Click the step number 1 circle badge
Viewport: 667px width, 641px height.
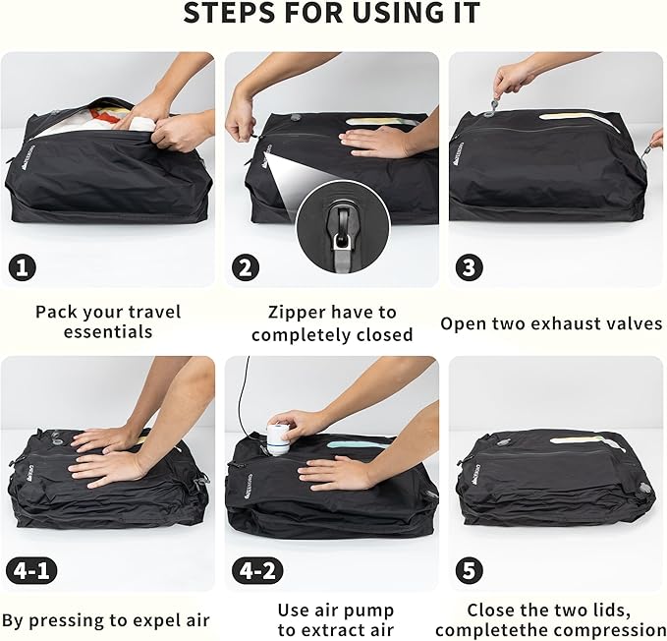tap(23, 266)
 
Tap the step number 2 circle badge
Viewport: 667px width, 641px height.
tap(246, 266)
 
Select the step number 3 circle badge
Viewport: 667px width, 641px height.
tap(470, 266)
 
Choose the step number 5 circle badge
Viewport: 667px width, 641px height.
tap(470, 570)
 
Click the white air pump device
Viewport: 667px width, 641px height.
tap(280, 438)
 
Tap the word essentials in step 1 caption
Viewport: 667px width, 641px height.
tap(108, 332)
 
